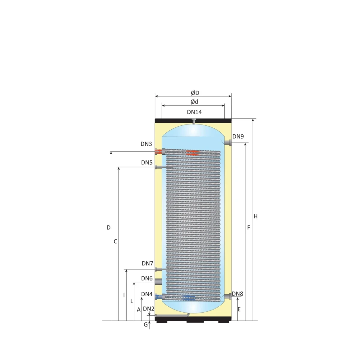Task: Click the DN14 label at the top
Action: point(194,112)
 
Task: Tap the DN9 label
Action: point(238,136)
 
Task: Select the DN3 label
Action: point(146,144)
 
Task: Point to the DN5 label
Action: point(147,163)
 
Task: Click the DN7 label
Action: point(147,264)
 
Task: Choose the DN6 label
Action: point(147,278)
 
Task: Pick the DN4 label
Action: point(147,294)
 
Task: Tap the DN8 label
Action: point(237,294)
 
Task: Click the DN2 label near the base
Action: point(148,309)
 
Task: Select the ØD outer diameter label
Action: point(195,93)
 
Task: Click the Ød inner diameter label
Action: point(194,102)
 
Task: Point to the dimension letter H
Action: point(256,216)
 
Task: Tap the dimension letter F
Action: point(248,228)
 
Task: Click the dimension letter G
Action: point(146,325)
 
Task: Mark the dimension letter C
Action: point(115,241)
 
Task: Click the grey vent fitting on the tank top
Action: point(194,121)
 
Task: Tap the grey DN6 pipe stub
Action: point(158,282)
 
